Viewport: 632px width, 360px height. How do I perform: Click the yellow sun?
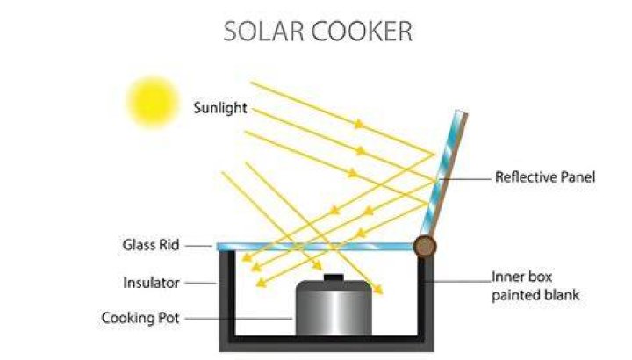153,102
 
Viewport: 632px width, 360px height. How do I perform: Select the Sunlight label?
220,108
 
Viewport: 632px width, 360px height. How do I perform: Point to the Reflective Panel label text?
545,177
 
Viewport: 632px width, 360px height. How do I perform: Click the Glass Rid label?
151,245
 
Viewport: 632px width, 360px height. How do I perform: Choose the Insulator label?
151,283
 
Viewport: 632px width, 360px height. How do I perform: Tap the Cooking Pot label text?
140,318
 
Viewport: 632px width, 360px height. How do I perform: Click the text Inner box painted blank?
535,286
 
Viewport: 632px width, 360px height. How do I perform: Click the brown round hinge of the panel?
425,247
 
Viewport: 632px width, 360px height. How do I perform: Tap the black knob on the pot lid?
334,277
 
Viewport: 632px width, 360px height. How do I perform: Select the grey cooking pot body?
334,308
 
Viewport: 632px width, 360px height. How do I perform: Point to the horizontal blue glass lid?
315,247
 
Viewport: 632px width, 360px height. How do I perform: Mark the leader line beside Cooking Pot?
239,319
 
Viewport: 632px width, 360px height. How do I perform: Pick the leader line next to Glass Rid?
198,245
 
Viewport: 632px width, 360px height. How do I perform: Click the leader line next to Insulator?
201,283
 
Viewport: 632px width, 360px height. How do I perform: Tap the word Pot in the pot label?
168,318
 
